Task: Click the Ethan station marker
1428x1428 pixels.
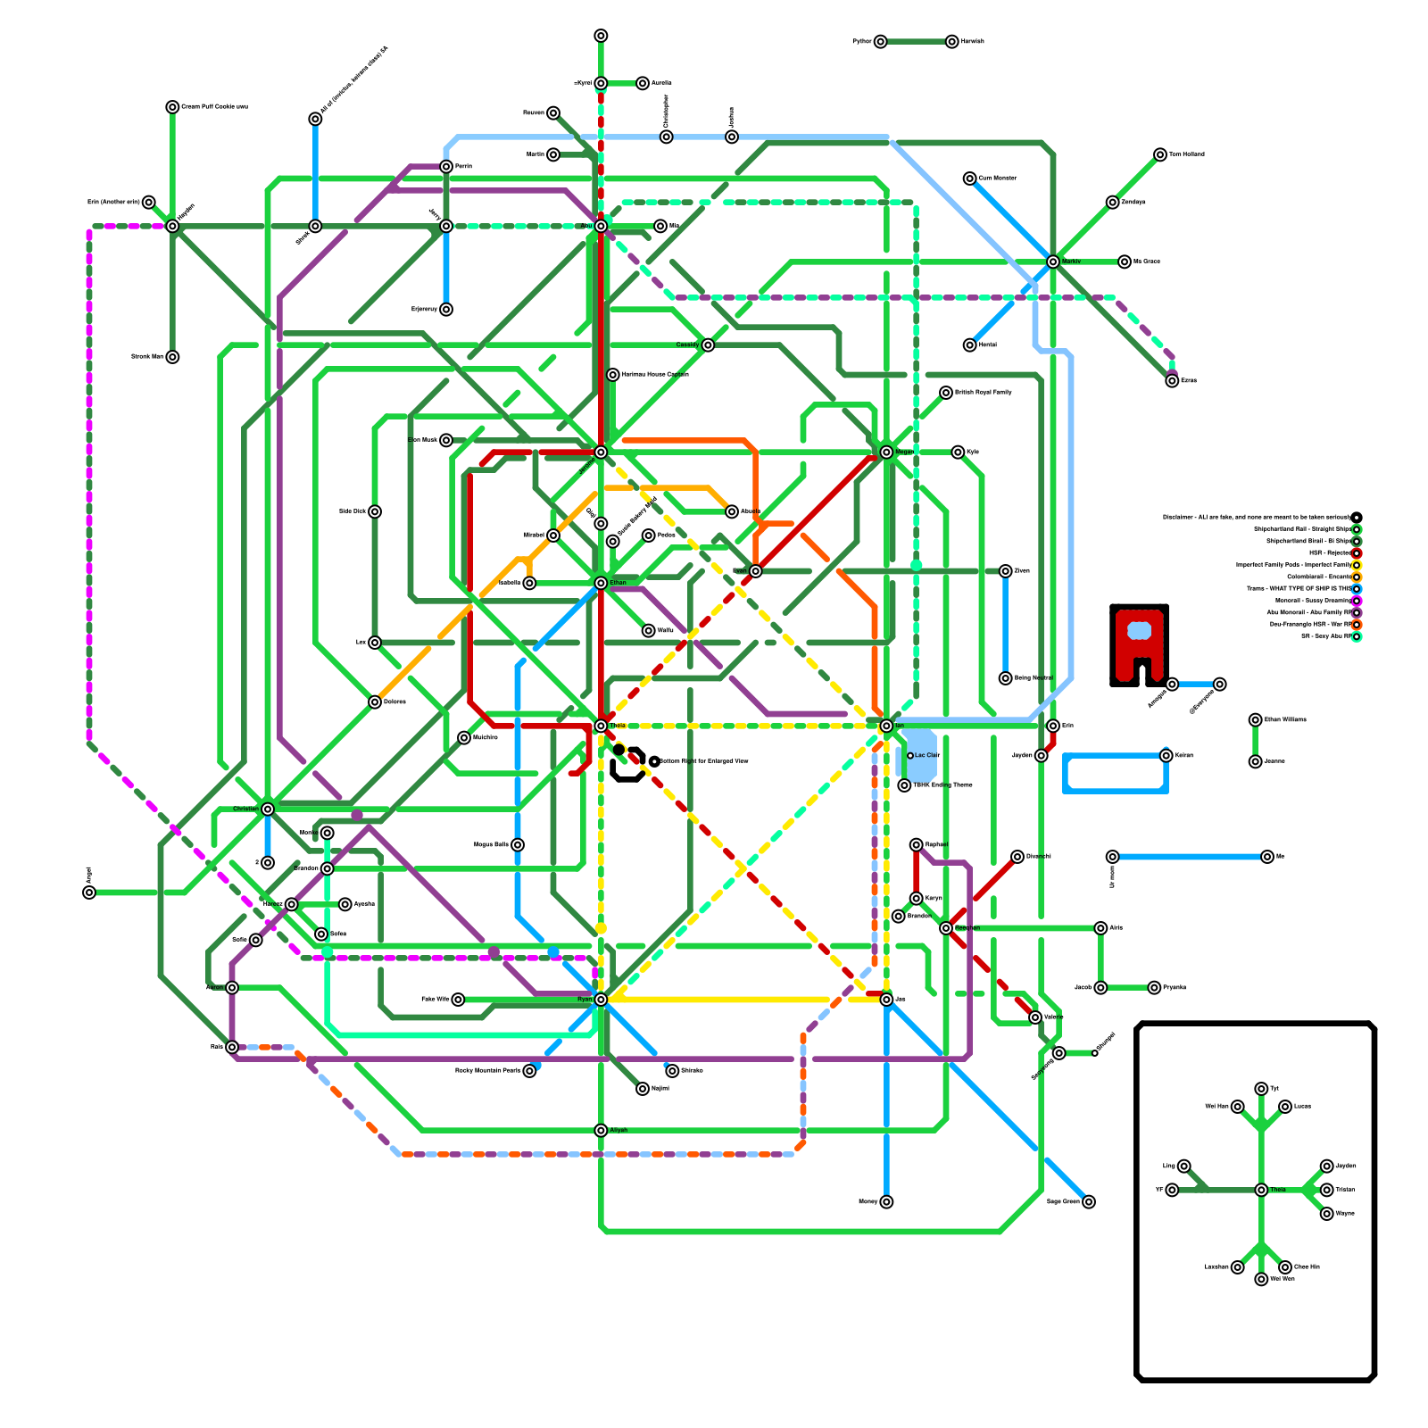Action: (601, 583)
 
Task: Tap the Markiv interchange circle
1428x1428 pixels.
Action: (1053, 262)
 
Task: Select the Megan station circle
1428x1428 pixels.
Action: (886, 452)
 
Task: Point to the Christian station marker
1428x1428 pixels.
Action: (268, 809)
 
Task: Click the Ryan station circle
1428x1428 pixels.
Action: (601, 1000)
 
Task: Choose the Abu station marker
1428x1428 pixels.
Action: (601, 226)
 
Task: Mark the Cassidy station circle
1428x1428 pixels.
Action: (708, 345)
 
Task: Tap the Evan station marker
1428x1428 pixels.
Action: (755, 571)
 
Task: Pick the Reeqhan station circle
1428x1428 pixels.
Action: (946, 928)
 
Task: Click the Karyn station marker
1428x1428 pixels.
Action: (916, 898)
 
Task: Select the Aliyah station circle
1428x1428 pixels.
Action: (601, 1130)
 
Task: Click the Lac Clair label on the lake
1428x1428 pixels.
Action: (927, 756)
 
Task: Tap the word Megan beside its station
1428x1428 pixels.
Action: (905, 452)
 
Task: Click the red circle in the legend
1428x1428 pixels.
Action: (1357, 553)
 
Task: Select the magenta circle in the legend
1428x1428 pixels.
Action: (1357, 601)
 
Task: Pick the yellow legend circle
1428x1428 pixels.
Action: (1357, 565)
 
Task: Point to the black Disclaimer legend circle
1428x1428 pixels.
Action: (1357, 518)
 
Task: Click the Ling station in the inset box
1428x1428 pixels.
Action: (1183, 1166)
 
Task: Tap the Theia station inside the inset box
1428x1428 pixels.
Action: (1261, 1190)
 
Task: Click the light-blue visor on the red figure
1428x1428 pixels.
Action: (1139, 631)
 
